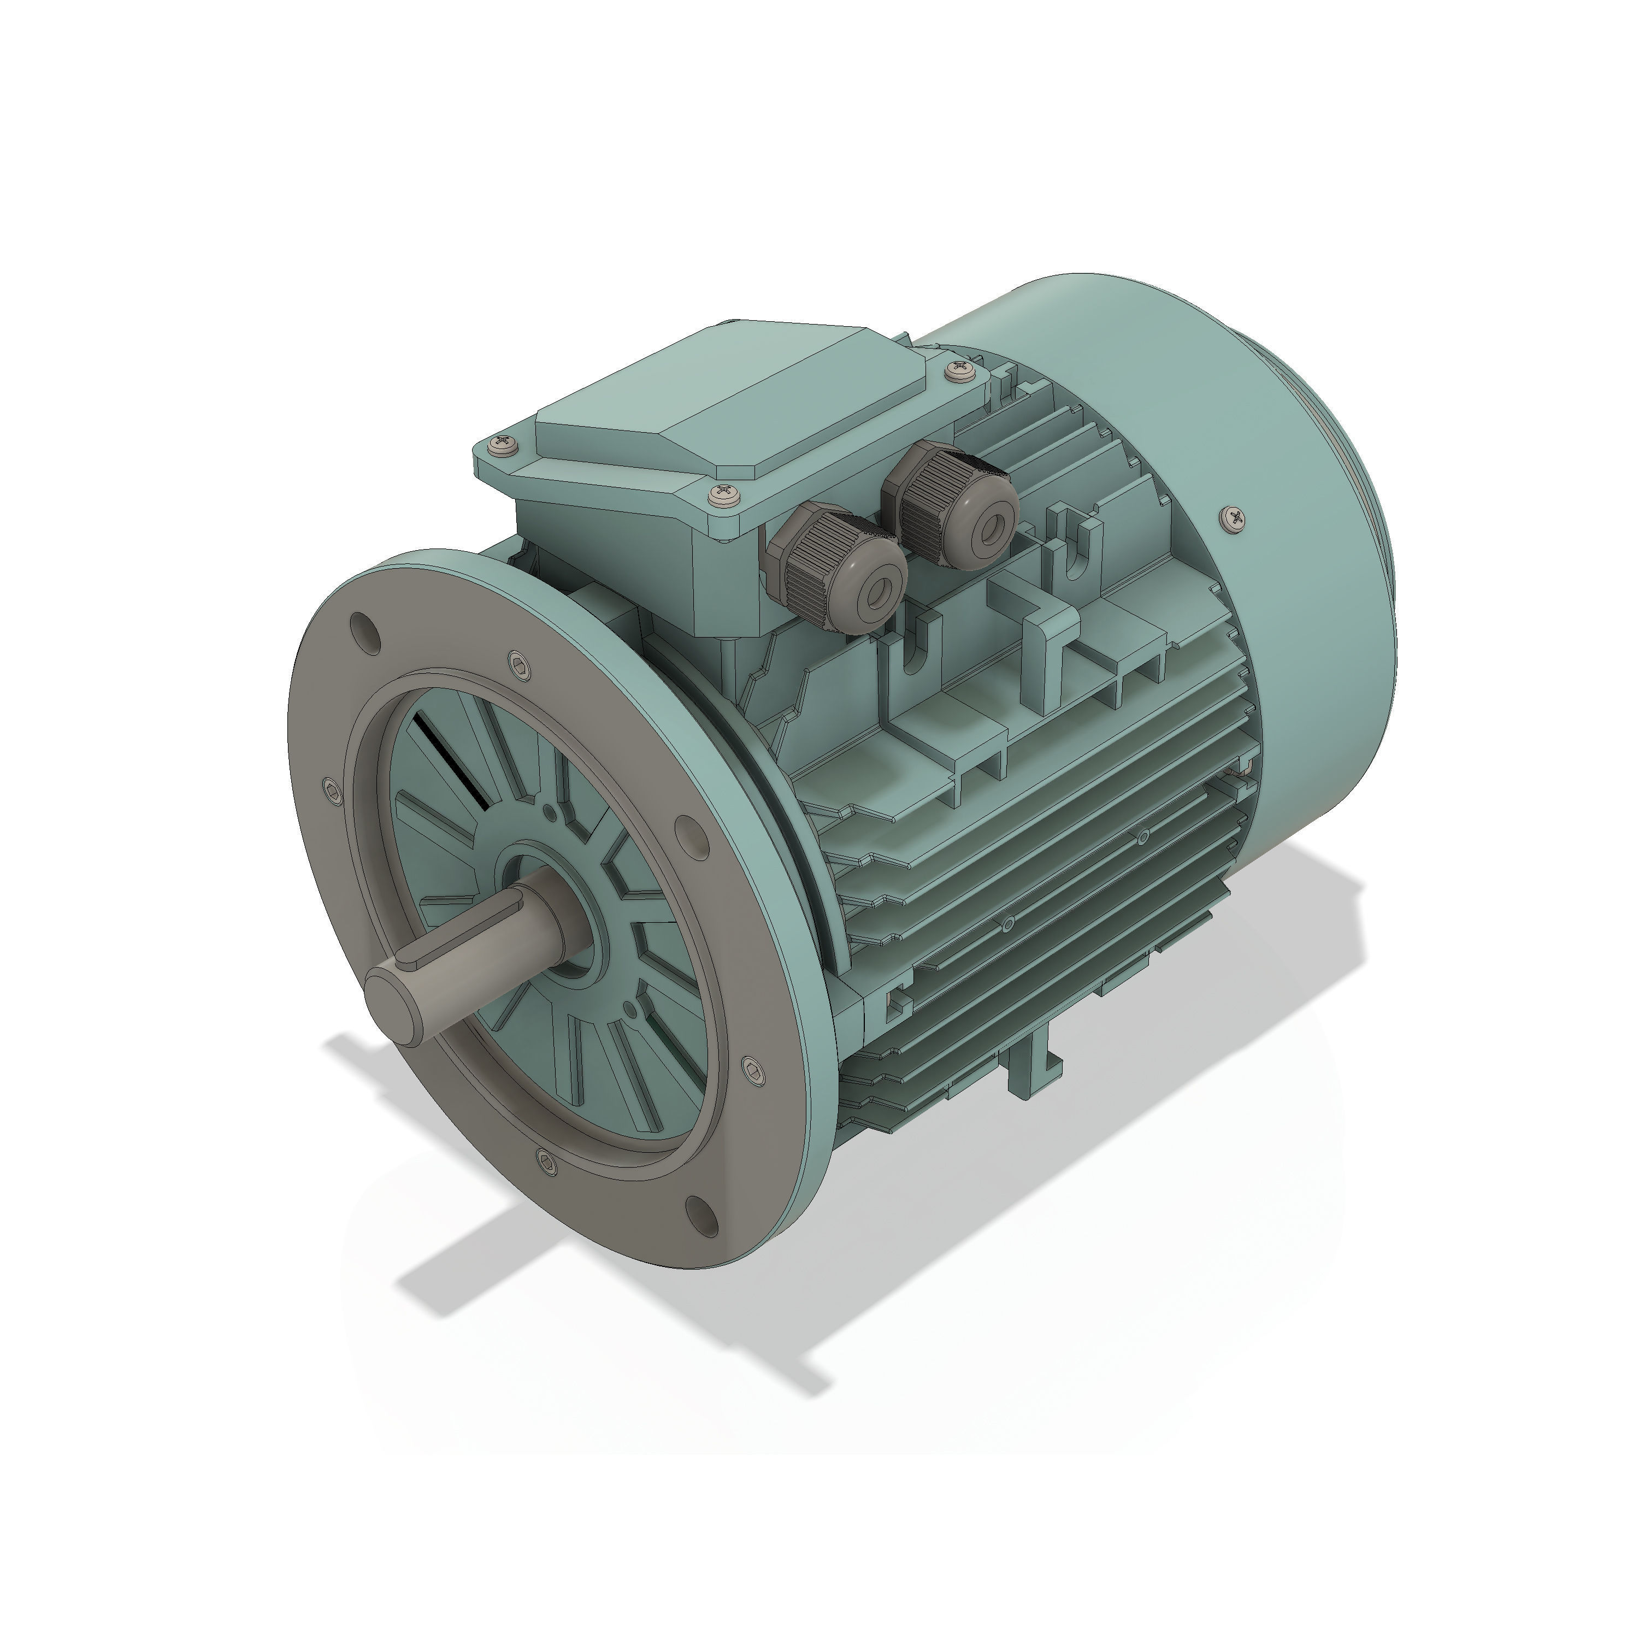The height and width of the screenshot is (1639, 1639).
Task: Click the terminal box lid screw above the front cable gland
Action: pyautogui.click(x=724, y=496)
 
